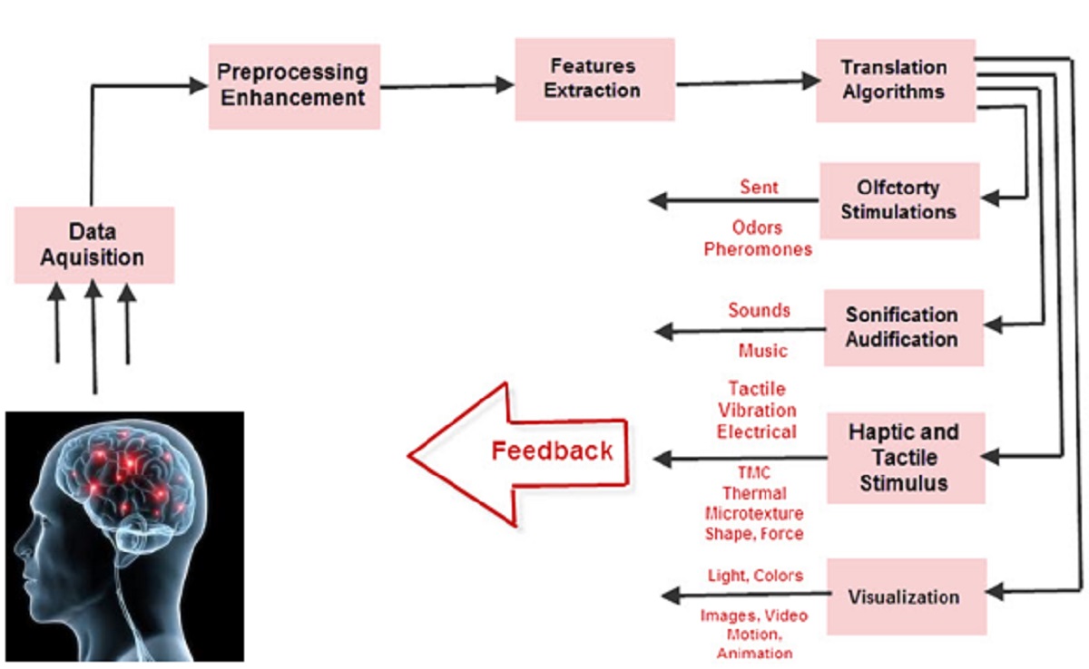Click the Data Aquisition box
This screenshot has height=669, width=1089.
click(94, 245)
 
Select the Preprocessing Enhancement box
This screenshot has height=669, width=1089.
click(295, 86)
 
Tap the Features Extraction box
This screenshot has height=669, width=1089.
click(595, 80)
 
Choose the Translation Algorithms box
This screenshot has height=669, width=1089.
click(896, 81)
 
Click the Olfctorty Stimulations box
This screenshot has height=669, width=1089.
click(899, 201)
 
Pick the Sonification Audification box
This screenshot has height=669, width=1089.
click(904, 328)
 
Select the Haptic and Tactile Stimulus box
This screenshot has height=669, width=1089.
click(907, 458)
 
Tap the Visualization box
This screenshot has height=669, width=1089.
click(907, 596)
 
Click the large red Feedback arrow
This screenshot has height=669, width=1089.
click(518, 454)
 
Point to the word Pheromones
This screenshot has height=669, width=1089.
click(758, 249)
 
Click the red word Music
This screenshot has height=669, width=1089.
click(763, 351)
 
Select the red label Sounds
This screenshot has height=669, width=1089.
click(759, 310)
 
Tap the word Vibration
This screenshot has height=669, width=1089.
click(757, 411)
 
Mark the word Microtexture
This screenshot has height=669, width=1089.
click(754, 513)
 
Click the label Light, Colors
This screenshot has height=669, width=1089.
click(755, 576)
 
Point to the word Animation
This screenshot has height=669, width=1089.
click(754, 653)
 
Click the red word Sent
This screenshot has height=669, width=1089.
click(759, 187)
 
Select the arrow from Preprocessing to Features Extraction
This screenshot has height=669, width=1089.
click(447, 86)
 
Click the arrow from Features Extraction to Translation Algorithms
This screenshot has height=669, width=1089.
click(748, 82)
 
